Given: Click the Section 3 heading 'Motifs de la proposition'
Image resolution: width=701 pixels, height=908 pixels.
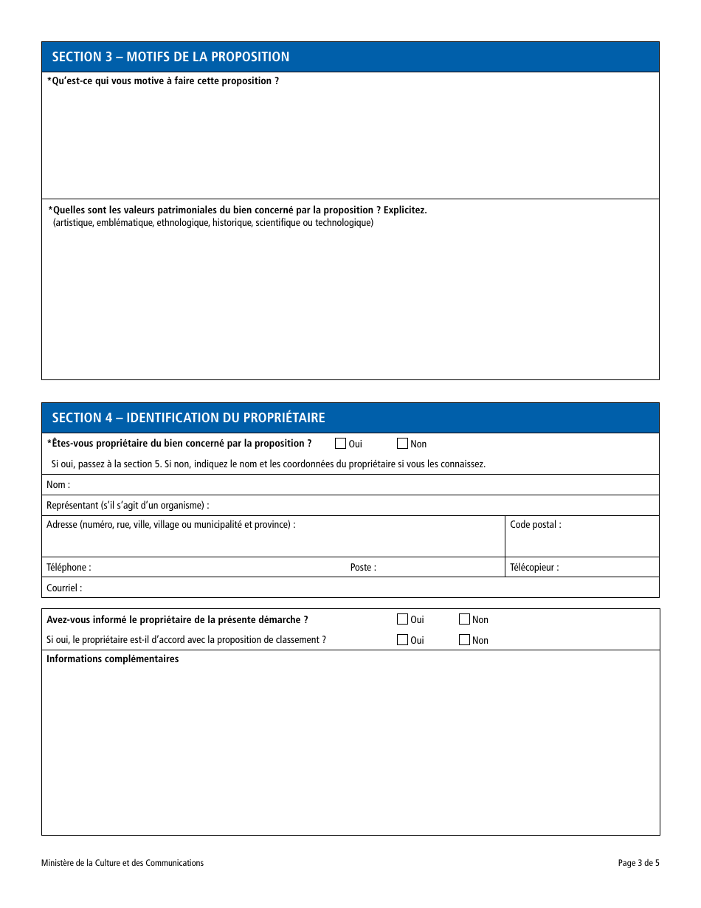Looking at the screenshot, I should (x=170, y=57).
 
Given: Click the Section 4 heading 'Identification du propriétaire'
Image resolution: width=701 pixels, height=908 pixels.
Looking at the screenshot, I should (x=188, y=418).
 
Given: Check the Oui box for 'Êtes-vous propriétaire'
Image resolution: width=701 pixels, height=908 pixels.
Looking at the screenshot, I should (x=340, y=444).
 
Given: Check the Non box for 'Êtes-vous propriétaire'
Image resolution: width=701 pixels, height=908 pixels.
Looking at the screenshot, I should (x=402, y=444).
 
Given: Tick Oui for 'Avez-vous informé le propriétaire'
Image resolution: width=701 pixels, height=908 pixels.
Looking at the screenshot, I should (x=402, y=619).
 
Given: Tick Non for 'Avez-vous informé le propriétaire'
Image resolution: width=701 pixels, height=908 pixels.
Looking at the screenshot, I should (x=464, y=619).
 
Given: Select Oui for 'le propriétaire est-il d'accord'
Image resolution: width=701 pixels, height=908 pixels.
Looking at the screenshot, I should (x=402, y=640).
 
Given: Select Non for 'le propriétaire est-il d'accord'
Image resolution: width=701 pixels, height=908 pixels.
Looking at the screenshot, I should (x=464, y=640).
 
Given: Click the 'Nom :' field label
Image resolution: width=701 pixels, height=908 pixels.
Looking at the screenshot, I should (x=58, y=485).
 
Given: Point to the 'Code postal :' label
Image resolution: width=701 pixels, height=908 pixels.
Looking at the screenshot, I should (x=535, y=525).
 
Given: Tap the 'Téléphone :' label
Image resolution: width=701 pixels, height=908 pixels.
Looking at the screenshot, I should (x=69, y=568).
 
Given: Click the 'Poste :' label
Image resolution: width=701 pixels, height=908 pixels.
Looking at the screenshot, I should (x=363, y=568).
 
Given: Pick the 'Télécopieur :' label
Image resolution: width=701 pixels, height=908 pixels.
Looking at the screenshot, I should (x=534, y=568).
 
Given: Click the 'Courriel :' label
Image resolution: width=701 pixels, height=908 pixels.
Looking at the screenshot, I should (x=64, y=588).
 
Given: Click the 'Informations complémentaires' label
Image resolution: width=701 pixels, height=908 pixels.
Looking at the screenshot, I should (x=112, y=659).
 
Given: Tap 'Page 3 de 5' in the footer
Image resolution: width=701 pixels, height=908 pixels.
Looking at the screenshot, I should (x=638, y=863).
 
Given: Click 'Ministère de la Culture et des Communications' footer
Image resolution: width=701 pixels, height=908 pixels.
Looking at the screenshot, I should (x=122, y=863).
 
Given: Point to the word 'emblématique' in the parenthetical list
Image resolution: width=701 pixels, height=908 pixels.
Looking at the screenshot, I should (x=125, y=223).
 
